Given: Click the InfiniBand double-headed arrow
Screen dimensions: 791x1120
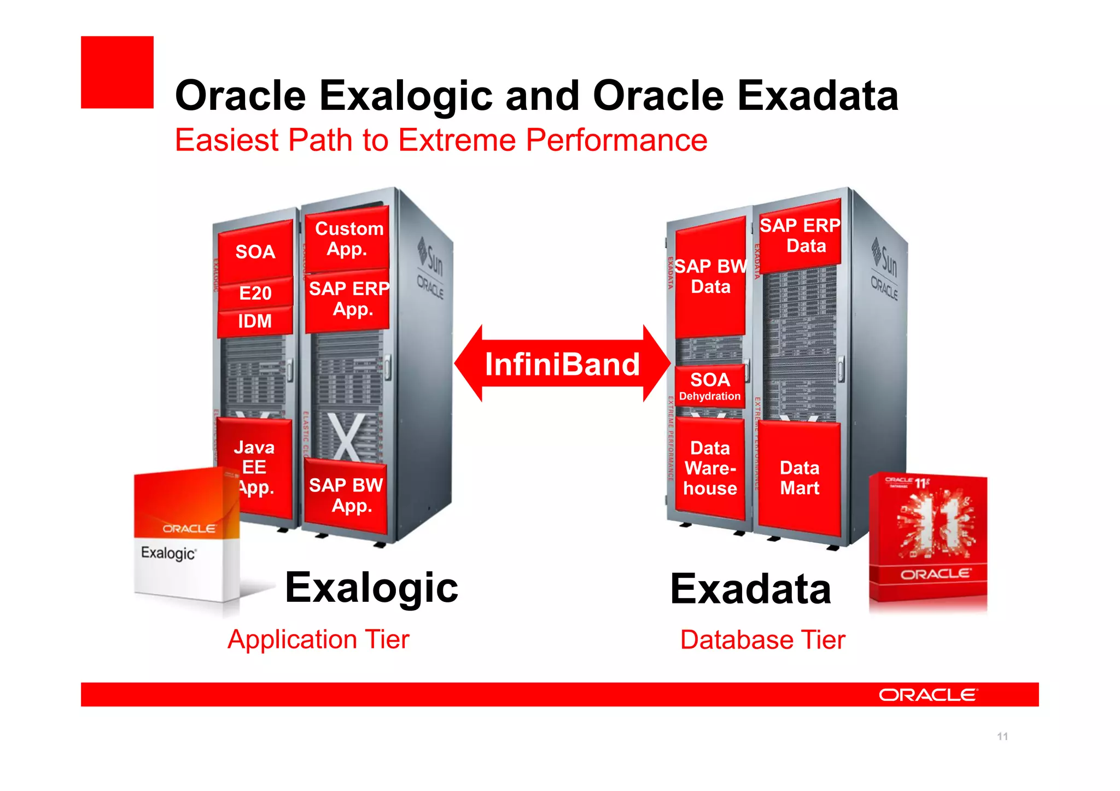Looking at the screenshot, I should (x=562, y=364).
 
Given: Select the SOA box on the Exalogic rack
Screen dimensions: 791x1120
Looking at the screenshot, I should (x=255, y=252).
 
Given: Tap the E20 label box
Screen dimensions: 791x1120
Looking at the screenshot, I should (x=255, y=294).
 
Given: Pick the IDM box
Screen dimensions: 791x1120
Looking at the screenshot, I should (x=255, y=321).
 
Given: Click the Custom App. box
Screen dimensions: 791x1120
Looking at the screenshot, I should (x=348, y=239).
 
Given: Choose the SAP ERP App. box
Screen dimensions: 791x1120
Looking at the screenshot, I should (x=348, y=299).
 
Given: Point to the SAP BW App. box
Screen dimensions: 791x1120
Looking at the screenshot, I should (x=346, y=495).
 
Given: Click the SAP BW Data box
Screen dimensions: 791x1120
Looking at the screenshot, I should (x=710, y=277).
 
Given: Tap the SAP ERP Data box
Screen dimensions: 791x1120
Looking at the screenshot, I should (x=800, y=236).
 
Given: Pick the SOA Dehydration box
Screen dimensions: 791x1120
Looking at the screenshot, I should (x=710, y=386).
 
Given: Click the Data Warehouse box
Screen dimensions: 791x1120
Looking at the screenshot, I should (x=710, y=468).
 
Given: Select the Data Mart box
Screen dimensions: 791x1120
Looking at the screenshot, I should (x=800, y=478).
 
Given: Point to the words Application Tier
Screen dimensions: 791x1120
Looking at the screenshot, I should (x=318, y=640).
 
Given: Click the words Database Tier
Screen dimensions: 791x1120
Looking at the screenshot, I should (x=762, y=640).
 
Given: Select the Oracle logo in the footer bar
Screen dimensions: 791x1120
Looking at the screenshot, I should (x=928, y=695).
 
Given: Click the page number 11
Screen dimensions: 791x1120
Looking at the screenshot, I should (x=1002, y=736).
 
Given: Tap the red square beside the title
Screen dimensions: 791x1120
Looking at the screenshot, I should (x=117, y=72).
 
